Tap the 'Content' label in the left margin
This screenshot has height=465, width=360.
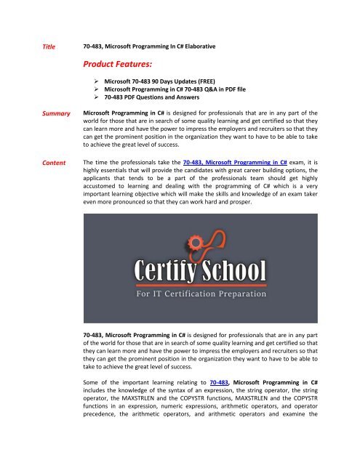58,164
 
